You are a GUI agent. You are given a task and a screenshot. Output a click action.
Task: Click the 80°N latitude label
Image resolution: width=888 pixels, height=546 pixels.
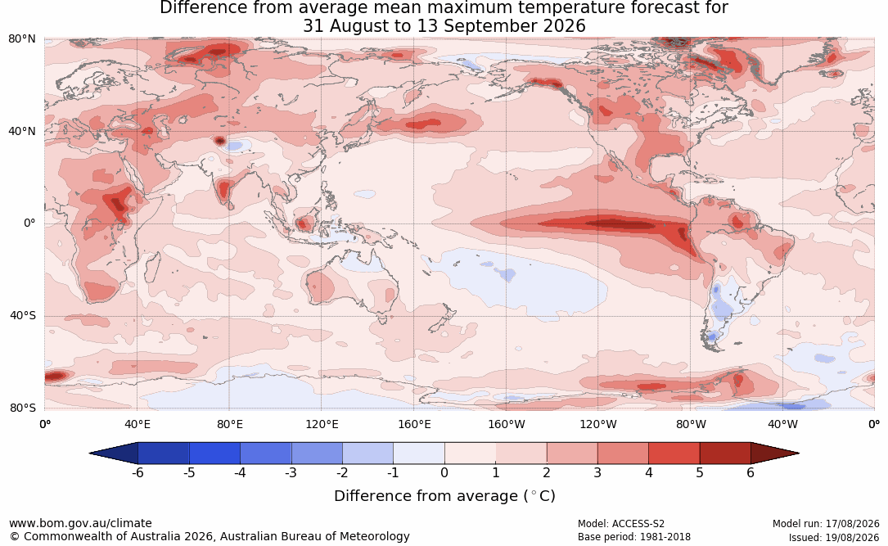click(21, 39)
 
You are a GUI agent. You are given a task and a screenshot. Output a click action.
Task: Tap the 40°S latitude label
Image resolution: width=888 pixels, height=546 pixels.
click(23, 315)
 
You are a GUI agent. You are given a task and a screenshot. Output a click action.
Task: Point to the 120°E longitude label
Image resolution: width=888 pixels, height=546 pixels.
click(322, 424)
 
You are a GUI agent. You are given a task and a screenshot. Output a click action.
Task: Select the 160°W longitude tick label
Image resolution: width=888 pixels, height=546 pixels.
click(507, 424)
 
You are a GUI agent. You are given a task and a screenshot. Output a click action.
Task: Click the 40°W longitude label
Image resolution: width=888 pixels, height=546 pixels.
click(782, 424)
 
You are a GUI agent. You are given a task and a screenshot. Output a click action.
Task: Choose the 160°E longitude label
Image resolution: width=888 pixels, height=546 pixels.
click(414, 424)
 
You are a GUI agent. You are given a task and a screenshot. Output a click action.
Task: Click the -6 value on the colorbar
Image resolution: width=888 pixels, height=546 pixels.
click(137, 472)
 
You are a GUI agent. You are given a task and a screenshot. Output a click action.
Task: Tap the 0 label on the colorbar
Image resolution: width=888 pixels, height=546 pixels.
click(444, 472)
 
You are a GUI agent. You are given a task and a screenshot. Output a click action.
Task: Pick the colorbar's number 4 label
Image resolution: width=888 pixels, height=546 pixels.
click(649, 472)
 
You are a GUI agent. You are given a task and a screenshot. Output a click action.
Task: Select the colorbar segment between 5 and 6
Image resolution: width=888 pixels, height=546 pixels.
click(725, 453)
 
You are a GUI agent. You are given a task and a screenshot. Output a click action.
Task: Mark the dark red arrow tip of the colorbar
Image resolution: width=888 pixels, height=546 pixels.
click(799, 453)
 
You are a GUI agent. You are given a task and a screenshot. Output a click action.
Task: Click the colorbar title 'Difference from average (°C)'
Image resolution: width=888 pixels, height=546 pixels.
click(444, 496)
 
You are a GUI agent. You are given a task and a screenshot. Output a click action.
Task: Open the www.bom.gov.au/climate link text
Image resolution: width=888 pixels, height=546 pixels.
click(80, 523)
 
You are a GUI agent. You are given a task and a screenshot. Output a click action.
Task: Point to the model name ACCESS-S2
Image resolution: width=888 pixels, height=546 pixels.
click(638, 524)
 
